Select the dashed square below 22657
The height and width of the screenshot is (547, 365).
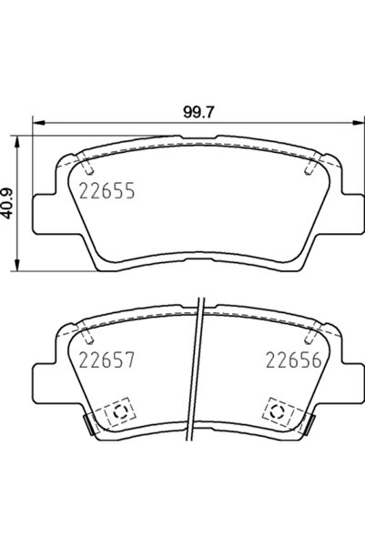[119, 413]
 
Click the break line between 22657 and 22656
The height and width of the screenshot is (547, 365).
[199, 373]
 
